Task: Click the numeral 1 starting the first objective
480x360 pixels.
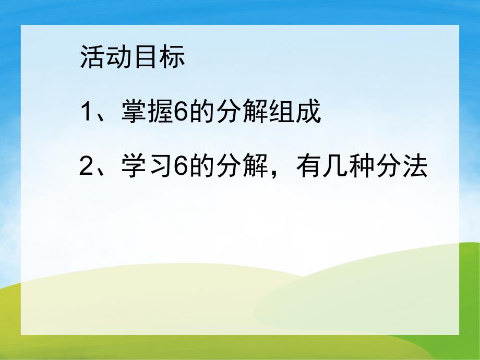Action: [x=87, y=113]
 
